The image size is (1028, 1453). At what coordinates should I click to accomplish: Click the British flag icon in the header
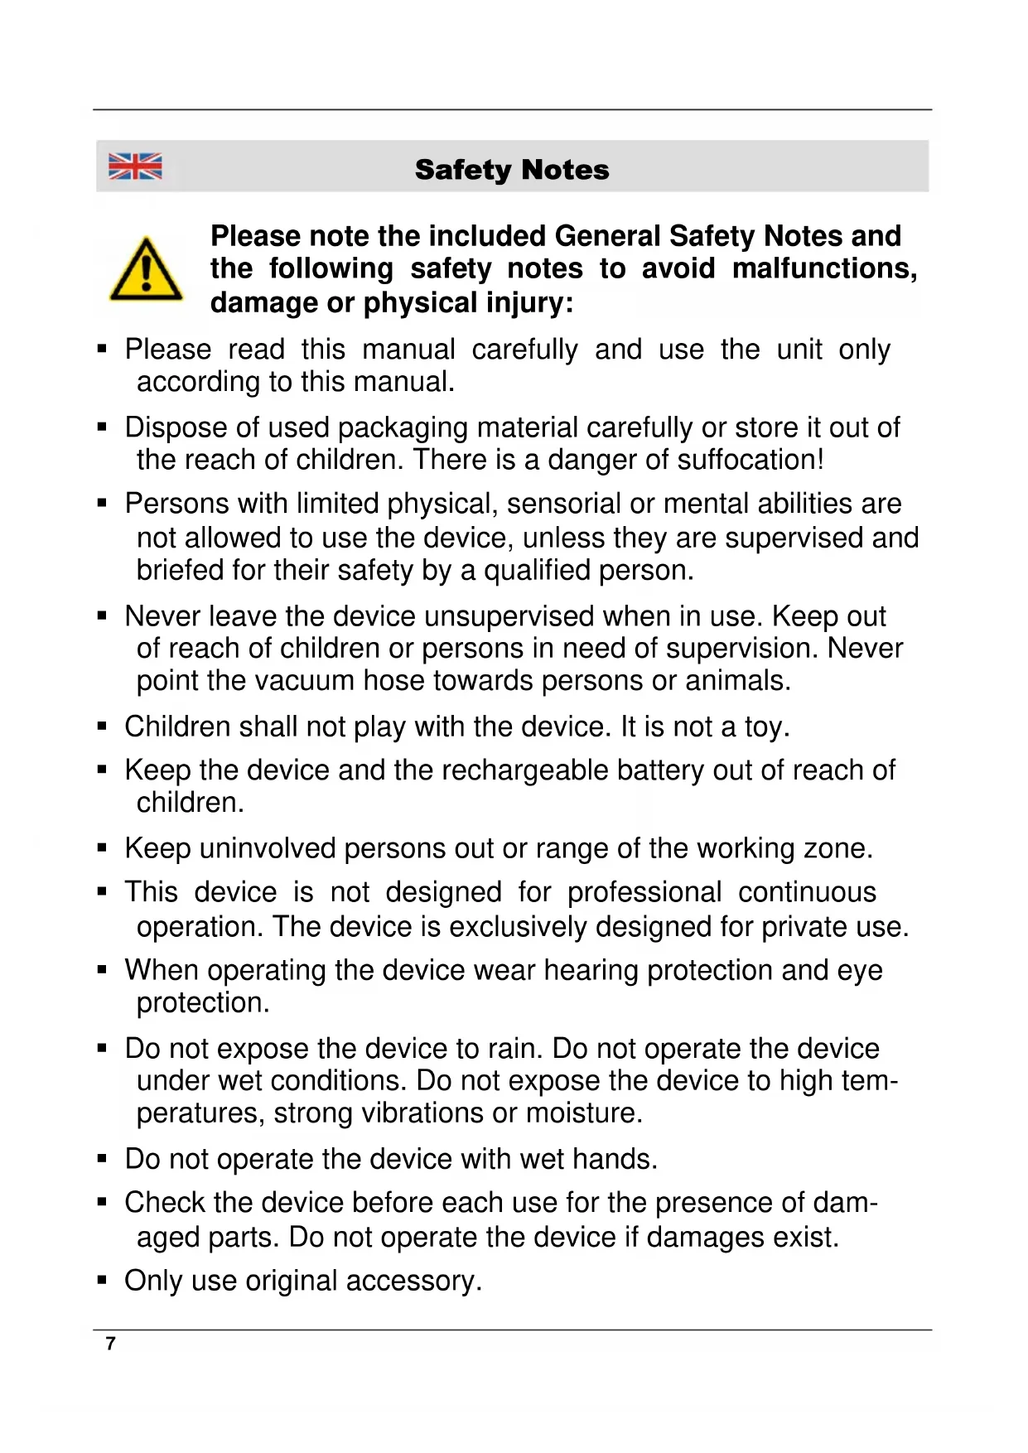[135, 167]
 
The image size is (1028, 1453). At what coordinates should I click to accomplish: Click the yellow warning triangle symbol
[146, 270]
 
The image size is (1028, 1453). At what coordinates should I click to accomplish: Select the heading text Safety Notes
[512, 170]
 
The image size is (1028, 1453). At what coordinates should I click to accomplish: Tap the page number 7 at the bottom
[111, 1343]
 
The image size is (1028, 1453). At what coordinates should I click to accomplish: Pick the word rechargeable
[525, 770]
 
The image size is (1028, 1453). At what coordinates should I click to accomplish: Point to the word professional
[644, 892]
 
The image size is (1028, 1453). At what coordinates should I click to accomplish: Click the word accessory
[413, 1282]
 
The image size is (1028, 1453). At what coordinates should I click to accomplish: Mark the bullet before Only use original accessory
[103, 1281]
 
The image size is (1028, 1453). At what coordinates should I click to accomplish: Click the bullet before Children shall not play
[103, 726]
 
